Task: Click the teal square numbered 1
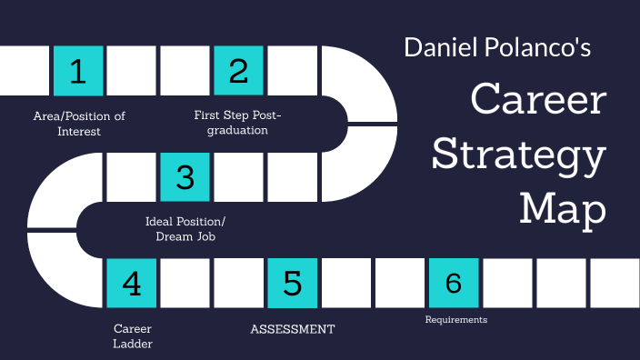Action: coord(78,71)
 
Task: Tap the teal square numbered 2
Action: coord(239,71)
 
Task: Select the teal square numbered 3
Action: coord(185,176)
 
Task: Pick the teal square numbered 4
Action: coord(132,283)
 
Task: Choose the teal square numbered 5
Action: coord(293,283)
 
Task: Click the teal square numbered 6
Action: coord(454,283)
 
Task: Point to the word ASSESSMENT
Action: coord(293,329)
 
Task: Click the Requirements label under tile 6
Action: coord(456,320)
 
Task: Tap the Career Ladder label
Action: coord(133,335)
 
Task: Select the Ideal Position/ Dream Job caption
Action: coord(185,228)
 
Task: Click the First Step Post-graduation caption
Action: coord(238,123)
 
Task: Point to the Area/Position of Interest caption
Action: coord(78,123)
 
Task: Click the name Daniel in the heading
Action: coord(440,47)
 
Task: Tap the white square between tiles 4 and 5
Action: coord(185,283)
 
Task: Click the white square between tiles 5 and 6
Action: coord(346,283)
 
